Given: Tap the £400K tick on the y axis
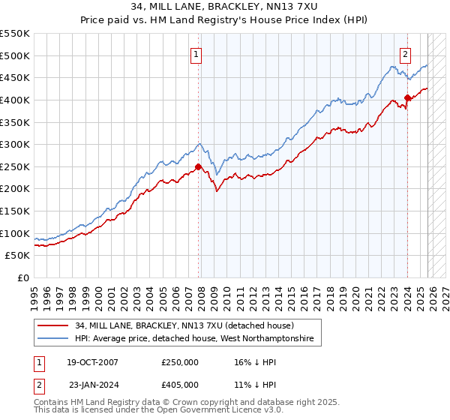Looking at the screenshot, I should pos(15,100).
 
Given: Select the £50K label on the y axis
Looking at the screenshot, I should pos(18,256).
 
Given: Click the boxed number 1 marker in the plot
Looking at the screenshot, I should pos(196,53).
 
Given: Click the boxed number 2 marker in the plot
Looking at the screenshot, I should pos(405,53).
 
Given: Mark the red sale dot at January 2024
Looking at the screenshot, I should pos(407,97).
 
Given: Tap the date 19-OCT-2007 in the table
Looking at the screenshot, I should pos(91,362).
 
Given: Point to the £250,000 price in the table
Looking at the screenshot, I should pos(180,362).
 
